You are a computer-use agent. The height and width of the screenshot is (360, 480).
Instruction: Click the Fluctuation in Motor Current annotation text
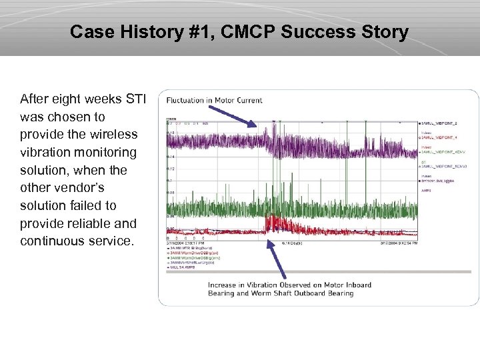[214, 101]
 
